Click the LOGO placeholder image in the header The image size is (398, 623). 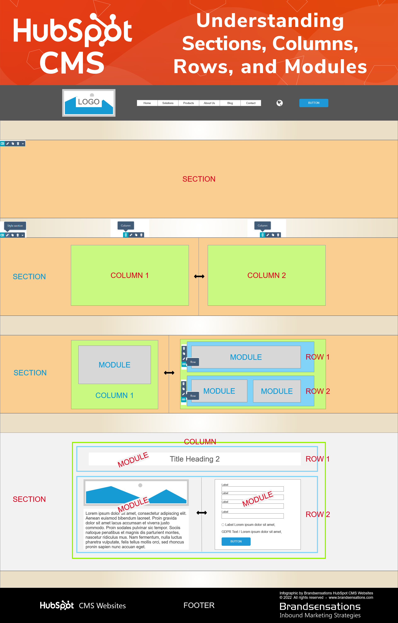tap(89, 103)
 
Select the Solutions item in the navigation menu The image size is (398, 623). tap(168, 103)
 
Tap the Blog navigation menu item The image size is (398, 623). tap(230, 103)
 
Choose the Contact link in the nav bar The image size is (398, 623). tap(250, 103)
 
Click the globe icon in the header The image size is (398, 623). tap(279, 103)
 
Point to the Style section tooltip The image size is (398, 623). tap(15, 226)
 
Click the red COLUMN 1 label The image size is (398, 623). tap(130, 275)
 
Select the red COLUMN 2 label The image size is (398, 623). tap(266, 275)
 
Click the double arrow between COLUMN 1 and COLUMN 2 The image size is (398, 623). tap(199, 276)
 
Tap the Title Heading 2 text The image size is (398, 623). tap(194, 459)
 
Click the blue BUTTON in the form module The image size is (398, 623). tap(236, 541)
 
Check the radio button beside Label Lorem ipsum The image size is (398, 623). tap(223, 525)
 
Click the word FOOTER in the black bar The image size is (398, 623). tap(199, 605)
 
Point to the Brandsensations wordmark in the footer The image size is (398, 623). tap(320, 606)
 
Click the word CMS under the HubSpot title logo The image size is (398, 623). tap(72, 63)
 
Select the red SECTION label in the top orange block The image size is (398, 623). tap(199, 179)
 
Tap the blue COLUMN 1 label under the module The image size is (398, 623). tap(114, 395)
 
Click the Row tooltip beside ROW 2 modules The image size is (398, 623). tap(193, 396)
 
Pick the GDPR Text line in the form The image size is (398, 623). tap(251, 532)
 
